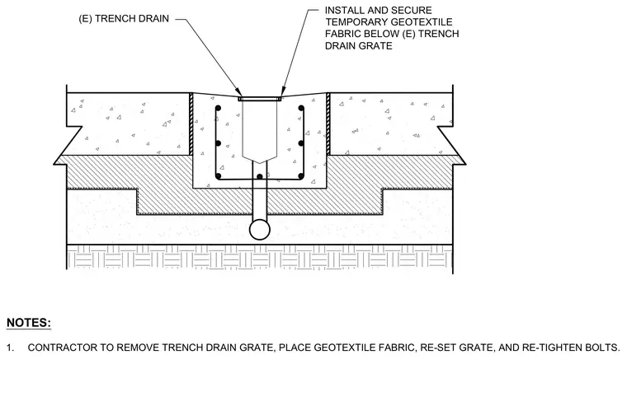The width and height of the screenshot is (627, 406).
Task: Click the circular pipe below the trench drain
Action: click(x=260, y=230)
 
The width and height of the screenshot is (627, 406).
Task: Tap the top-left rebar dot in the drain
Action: click(x=218, y=108)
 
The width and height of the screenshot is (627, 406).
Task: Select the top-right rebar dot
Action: click(x=301, y=108)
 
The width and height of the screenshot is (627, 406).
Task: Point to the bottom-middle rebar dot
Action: click(x=260, y=176)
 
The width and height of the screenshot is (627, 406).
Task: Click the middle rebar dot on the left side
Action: click(x=218, y=143)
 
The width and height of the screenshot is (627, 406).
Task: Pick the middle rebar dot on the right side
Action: click(x=301, y=143)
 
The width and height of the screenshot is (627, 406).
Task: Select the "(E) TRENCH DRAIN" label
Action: click(x=124, y=19)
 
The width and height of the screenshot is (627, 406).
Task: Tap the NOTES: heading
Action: click(x=29, y=323)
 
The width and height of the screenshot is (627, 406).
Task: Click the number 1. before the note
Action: click(x=11, y=348)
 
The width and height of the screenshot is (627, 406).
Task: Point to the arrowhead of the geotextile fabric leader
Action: click(x=283, y=92)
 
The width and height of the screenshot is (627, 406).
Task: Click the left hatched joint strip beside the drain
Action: click(x=191, y=124)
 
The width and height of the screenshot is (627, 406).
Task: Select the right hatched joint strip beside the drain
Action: click(x=328, y=124)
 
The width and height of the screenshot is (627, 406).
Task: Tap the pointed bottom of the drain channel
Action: click(x=260, y=163)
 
